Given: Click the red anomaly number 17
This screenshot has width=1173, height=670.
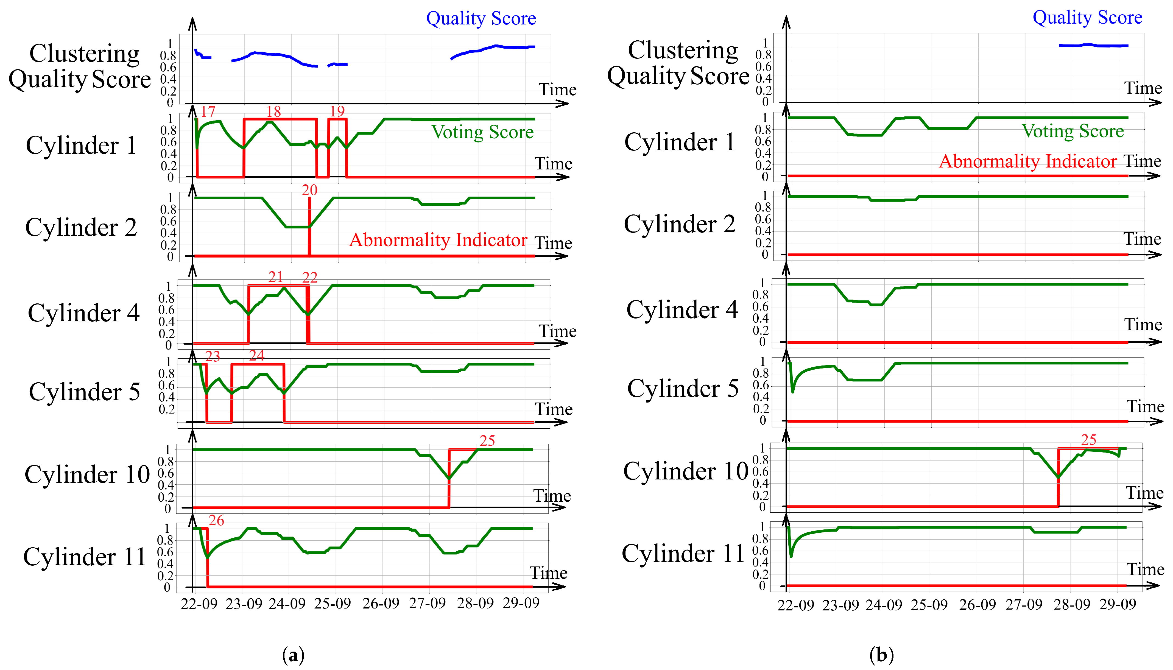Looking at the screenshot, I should pyautogui.click(x=208, y=111).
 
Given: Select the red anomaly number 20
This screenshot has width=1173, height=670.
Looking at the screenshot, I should pyautogui.click(x=309, y=190).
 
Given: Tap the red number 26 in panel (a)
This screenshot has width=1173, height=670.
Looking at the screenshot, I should pyautogui.click(x=216, y=520).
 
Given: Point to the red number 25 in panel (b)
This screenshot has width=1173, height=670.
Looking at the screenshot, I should pyautogui.click(x=1088, y=440).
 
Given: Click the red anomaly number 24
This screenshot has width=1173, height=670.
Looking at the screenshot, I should pyautogui.click(x=257, y=355).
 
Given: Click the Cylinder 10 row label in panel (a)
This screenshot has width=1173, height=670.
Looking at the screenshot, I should pyautogui.click(x=87, y=474).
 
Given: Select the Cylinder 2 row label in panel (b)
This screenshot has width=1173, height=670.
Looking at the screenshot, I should pyautogui.click(x=679, y=224).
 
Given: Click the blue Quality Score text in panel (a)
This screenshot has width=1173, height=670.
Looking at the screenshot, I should pyautogui.click(x=481, y=18).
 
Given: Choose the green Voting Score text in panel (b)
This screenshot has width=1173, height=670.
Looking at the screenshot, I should pyautogui.click(x=1072, y=132).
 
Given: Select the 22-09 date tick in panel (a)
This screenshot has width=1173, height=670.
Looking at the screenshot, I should pyautogui.click(x=199, y=603).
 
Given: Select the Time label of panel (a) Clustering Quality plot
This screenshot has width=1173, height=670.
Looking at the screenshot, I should pyautogui.click(x=557, y=89).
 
